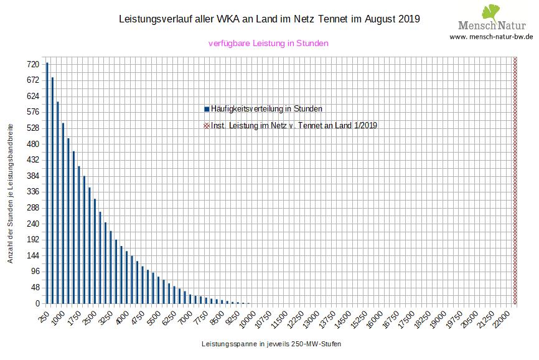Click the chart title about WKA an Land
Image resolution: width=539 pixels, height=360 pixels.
(269, 19)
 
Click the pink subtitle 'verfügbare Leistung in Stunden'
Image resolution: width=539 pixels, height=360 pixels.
(268, 44)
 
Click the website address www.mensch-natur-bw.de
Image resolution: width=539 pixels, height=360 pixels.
(491, 37)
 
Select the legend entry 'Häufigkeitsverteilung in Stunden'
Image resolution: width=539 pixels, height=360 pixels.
(266, 108)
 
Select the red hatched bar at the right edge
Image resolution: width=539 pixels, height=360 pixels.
(515, 180)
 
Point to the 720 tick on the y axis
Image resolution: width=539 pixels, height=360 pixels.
(33, 64)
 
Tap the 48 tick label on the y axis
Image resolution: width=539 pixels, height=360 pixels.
(35, 288)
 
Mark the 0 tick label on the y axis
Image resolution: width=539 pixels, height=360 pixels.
(37, 303)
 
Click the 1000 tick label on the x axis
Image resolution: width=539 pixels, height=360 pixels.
(59, 316)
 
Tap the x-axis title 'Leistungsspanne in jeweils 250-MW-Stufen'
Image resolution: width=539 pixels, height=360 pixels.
(271, 344)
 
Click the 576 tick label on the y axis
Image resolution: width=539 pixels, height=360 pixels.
(33, 112)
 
